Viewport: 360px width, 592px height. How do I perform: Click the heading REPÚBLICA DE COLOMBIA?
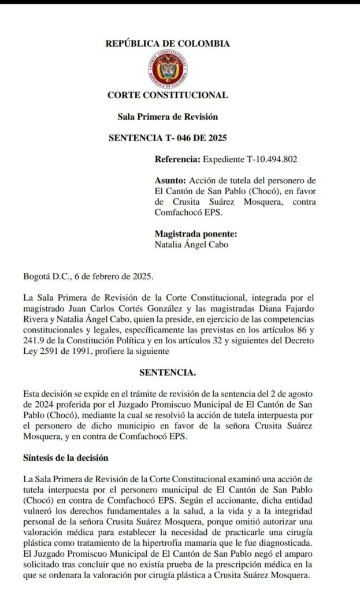[x=168, y=43]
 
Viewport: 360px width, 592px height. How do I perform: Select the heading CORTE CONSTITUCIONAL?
[x=168, y=95]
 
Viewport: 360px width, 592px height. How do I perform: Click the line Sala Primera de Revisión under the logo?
[x=168, y=117]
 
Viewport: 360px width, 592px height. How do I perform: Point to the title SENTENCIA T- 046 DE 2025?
[x=168, y=138]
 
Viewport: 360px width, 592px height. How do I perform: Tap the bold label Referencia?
[x=178, y=159]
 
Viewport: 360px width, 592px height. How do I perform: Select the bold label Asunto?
[x=171, y=180]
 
